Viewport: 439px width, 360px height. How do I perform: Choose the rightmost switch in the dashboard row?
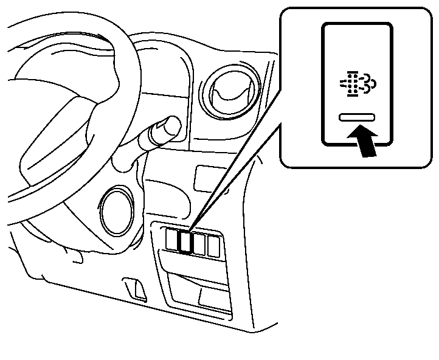213,245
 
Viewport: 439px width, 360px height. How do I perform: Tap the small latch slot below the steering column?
134,289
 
